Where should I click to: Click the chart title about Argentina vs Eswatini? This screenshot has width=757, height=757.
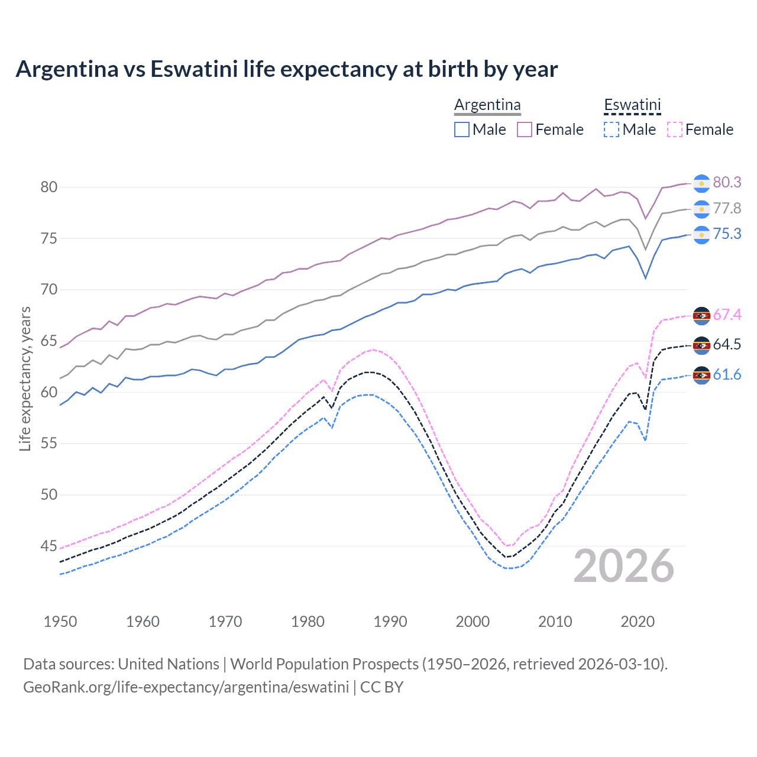click(287, 69)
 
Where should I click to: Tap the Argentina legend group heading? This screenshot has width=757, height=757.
click(487, 105)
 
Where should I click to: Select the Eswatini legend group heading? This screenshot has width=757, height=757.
click(632, 105)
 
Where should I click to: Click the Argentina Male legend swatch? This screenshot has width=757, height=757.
click(462, 130)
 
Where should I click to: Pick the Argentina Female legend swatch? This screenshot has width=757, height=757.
click(525, 130)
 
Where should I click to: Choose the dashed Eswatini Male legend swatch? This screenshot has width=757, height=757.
click(612, 130)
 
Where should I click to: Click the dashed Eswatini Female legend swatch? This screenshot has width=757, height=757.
click(675, 130)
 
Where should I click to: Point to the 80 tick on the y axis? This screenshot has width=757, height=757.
click(49, 187)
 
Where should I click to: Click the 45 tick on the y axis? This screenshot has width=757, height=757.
click(49, 546)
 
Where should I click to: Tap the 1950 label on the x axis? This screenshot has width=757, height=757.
click(60, 622)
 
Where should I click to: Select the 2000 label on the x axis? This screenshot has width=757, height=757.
click(473, 622)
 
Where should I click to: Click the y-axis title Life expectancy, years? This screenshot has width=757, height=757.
click(25, 378)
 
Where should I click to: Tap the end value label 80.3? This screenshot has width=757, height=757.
click(727, 183)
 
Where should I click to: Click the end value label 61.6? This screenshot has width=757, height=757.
click(727, 375)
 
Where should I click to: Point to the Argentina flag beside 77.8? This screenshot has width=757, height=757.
click(701, 209)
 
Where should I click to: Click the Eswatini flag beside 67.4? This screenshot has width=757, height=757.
click(701, 316)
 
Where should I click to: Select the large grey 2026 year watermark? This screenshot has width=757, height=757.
click(624, 566)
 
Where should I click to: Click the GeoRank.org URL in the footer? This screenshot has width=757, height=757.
click(186, 687)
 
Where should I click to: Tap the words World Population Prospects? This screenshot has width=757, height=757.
click(323, 664)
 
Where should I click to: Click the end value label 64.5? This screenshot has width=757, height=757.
click(727, 345)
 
